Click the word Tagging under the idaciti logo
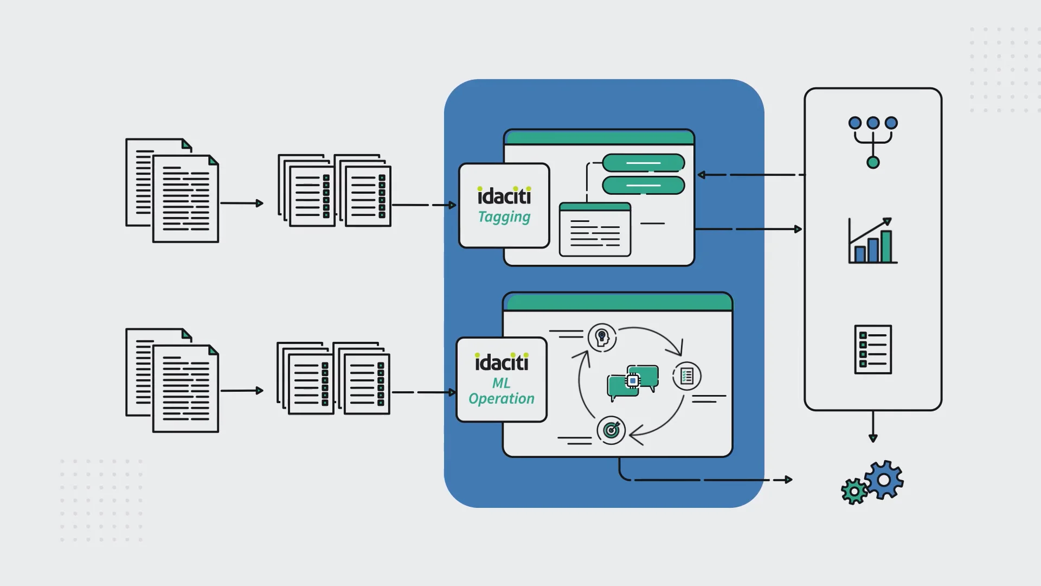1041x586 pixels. pos(504,217)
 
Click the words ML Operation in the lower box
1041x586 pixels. pos(502,391)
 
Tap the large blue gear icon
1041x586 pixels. pos(883,480)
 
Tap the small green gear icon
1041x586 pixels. pos(854,492)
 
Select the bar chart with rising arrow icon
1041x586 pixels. pos(872,241)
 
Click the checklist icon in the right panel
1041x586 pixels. pos(873,349)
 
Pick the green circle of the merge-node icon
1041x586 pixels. pos(873,162)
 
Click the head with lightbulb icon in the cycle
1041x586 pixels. pos(602,337)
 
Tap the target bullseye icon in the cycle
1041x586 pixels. pos(611,430)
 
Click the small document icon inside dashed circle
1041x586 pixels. pos(687,375)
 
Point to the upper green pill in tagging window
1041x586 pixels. pos(644,163)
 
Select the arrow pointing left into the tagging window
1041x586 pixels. pos(703,175)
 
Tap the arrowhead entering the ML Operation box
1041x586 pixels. pos(452,392)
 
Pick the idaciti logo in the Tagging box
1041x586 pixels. pos(504,196)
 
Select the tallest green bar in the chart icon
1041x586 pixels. pos(886,247)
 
